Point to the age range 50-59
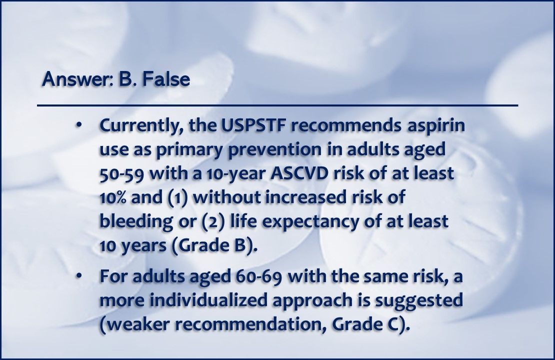[122, 174]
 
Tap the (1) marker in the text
[177, 197]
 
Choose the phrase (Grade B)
[214, 245]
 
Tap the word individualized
[208, 300]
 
